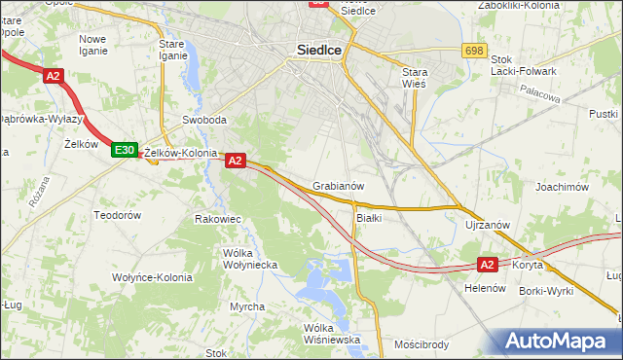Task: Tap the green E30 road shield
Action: point(124,150)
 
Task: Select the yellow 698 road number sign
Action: point(474,50)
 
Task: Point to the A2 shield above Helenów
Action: point(489,264)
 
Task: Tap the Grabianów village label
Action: point(339,186)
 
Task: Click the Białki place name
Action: point(368,218)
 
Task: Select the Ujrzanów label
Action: point(488,225)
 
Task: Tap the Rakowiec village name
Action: point(218,219)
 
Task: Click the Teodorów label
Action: point(118,214)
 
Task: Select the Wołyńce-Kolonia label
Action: point(151,277)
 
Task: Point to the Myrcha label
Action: point(247,306)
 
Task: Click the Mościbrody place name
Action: point(421,343)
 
